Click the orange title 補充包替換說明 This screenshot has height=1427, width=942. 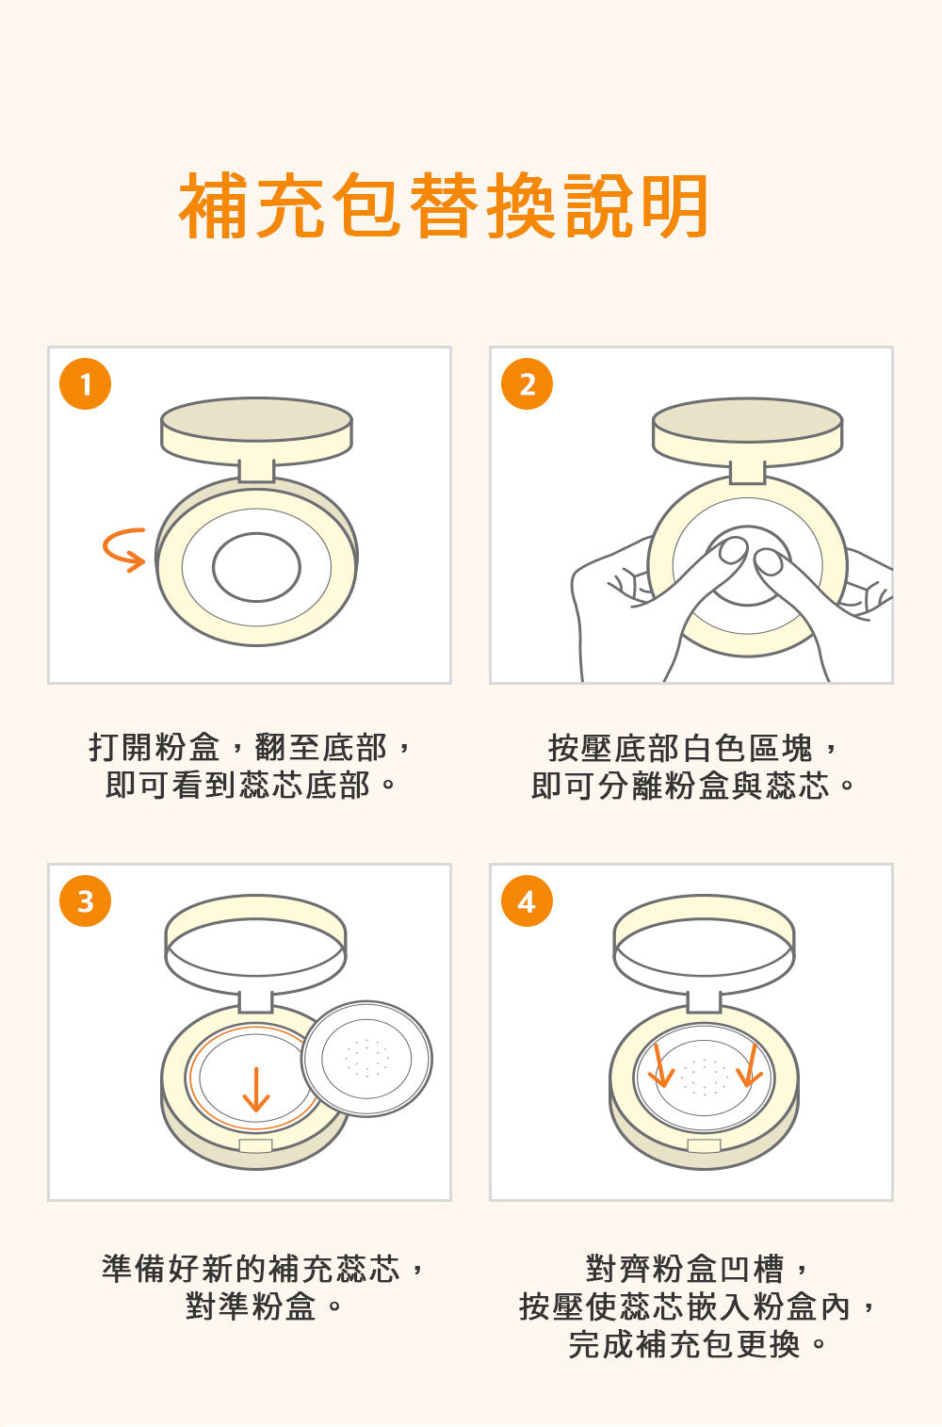click(x=444, y=205)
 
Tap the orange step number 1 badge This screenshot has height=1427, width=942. click(x=85, y=383)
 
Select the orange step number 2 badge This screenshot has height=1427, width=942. click(x=527, y=383)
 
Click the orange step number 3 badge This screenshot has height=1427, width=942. click(x=85, y=900)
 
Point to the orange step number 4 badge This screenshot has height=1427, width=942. click(x=527, y=900)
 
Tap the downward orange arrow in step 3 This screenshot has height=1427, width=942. click(x=256, y=1090)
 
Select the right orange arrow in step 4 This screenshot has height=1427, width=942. click(x=751, y=1064)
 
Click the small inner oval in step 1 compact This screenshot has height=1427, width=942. click(x=256, y=567)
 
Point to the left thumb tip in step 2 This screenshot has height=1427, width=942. click(x=733, y=550)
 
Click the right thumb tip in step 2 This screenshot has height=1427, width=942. click(x=768, y=560)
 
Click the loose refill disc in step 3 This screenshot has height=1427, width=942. click(x=366, y=1059)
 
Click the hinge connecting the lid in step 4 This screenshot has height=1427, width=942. click(x=704, y=1001)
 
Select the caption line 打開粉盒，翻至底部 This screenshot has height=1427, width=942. click(x=250, y=747)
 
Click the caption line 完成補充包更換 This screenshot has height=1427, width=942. click(x=697, y=1344)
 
